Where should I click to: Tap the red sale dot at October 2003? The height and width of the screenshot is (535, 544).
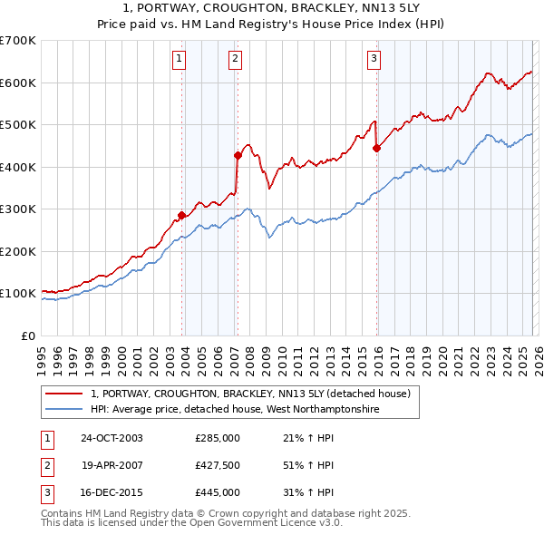[181, 215]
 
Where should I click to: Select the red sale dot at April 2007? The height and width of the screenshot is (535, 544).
[238, 155]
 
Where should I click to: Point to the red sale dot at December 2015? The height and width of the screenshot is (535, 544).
[376, 148]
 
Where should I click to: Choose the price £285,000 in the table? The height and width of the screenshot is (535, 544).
[218, 438]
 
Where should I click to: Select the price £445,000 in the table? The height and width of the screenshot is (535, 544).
[218, 492]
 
